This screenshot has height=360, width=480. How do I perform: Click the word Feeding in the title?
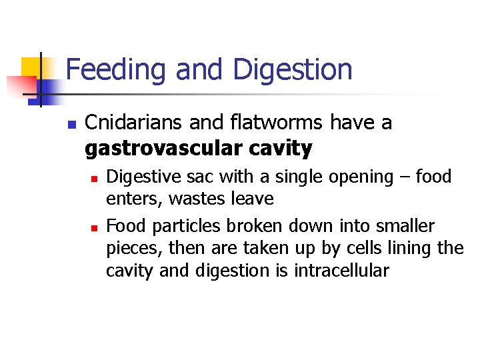tap(110, 70)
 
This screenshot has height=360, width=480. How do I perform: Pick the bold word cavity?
tap(280, 149)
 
